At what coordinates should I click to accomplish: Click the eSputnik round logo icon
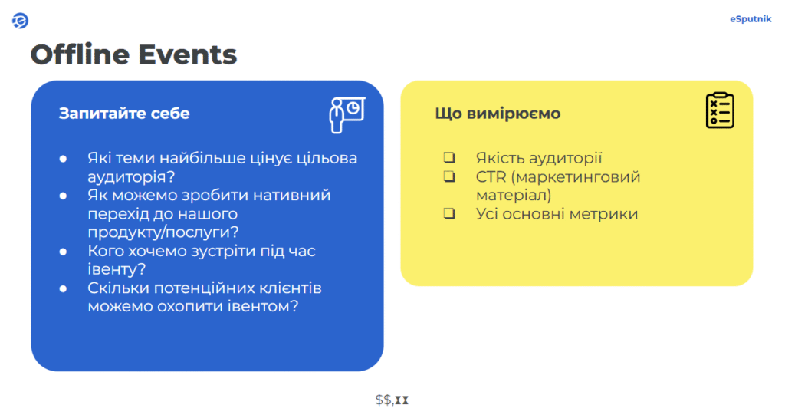20,21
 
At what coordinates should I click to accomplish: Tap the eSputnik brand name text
750,19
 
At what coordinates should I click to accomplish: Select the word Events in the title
187,54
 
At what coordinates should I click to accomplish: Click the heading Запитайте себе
124,114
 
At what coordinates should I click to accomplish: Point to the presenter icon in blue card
347,115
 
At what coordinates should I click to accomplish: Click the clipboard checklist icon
720,110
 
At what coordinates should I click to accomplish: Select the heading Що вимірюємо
498,114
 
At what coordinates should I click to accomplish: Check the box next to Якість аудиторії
449,157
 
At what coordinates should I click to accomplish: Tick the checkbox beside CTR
449,176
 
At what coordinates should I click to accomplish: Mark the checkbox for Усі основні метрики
449,213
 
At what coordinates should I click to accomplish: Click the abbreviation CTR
491,177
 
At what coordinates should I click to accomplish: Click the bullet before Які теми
63,159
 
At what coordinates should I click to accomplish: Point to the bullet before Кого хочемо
63,252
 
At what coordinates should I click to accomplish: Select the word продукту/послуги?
163,232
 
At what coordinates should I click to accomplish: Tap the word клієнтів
290,288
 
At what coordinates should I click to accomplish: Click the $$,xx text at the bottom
392,400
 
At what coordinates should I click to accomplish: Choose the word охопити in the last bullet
190,306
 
